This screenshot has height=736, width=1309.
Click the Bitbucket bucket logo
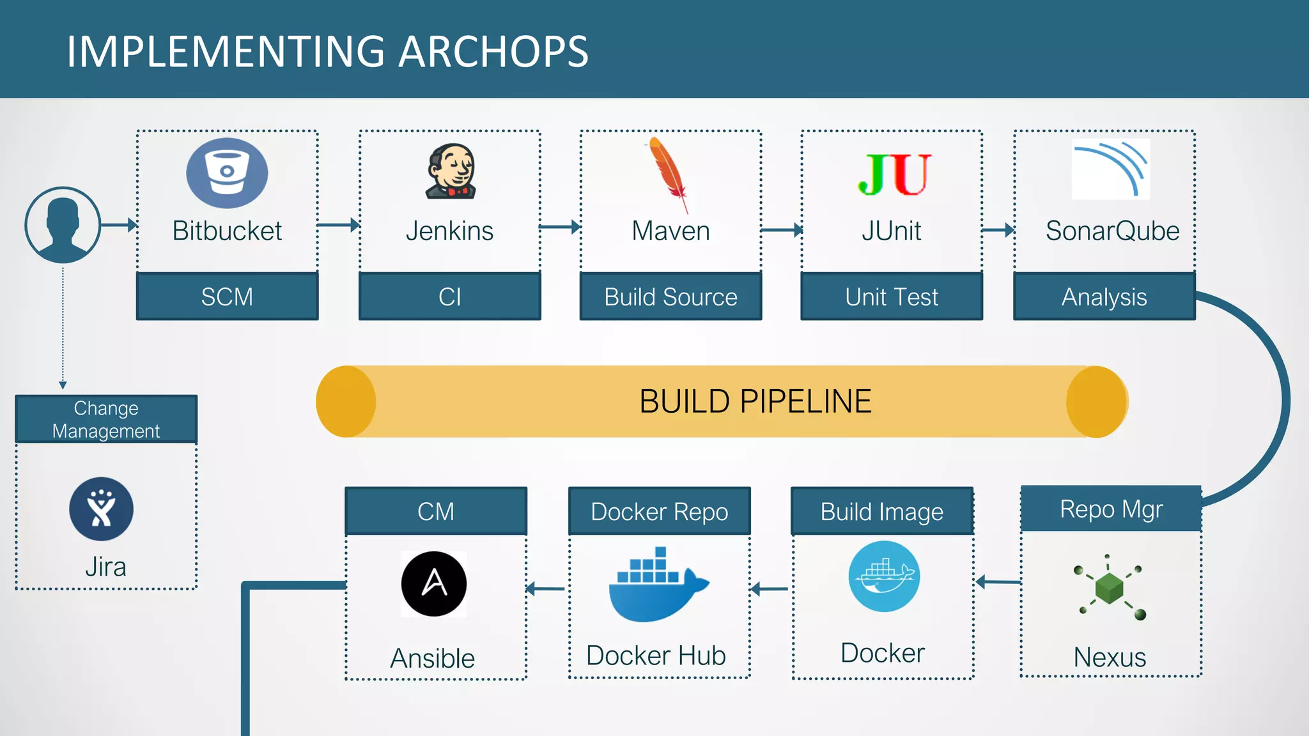point(227,173)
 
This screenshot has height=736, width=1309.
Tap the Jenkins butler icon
point(451,171)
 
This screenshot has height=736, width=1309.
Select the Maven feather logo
point(669,172)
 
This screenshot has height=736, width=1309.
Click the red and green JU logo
point(894,174)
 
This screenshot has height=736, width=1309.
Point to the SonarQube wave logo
point(1111,169)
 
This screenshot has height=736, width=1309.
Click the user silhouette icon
point(63,224)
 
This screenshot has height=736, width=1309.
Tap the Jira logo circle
point(102,509)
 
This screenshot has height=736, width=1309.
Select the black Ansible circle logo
point(434,583)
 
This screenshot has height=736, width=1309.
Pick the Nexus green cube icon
point(1110,587)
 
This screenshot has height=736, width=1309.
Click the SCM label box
point(227,296)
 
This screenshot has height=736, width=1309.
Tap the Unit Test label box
point(892,296)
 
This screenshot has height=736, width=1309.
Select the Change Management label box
point(106,419)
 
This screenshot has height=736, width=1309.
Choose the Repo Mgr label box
point(1111,509)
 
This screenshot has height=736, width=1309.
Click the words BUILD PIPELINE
point(755,402)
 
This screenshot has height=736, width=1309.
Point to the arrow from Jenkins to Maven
point(560,227)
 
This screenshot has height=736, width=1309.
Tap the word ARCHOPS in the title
point(493,51)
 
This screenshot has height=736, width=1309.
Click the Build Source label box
point(670,296)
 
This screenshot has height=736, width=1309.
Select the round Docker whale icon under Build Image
point(884,576)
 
